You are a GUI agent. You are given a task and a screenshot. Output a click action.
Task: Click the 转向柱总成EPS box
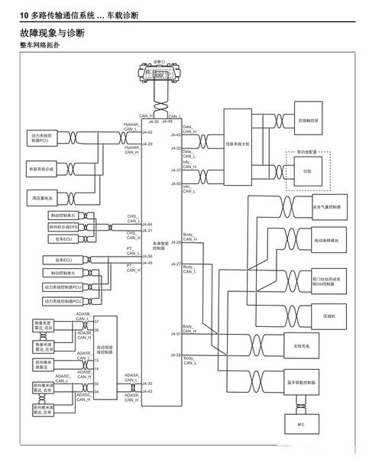pyautogui.click(x=63, y=227)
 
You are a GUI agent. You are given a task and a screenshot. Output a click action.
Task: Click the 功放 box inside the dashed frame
pyautogui.click(x=308, y=172)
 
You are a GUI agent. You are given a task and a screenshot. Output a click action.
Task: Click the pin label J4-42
pyautogui.click(x=148, y=132)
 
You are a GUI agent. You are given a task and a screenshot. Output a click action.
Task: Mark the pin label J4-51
pyautogui.click(x=176, y=334)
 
